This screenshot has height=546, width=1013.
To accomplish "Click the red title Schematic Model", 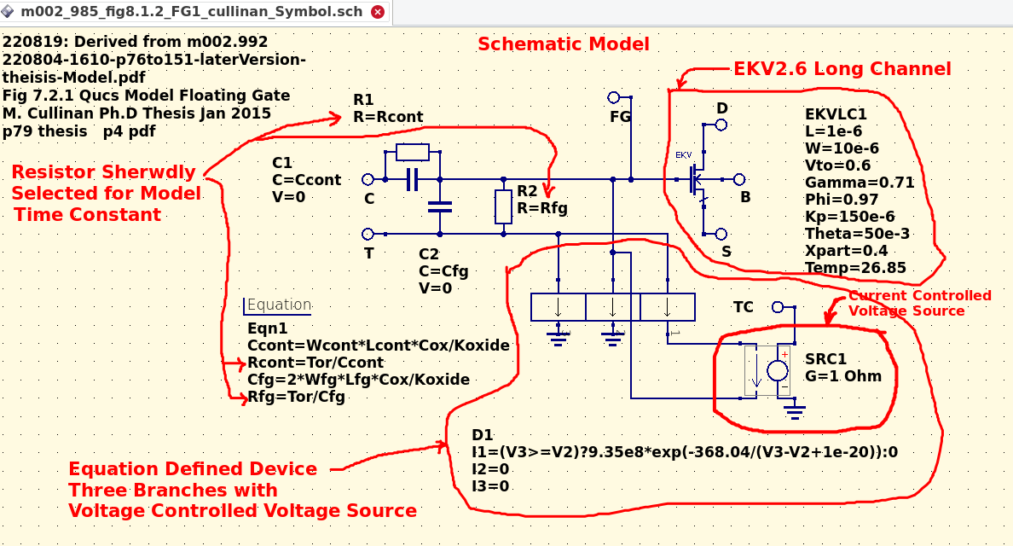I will pyautogui.click(x=563, y=44).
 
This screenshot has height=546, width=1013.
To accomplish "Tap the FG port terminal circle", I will pyautogui.click(x=614, y=97).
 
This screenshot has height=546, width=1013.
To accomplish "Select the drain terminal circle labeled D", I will pyautogui.click(x=721, y=125).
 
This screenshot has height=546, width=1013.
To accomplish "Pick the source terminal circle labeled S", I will pyautogui.click(x=721, y=234).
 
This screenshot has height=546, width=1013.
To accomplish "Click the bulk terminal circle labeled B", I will pyautogui.click(x=739, y=179).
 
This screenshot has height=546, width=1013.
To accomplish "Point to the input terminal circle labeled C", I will pyautogui.click(x=368, y=179).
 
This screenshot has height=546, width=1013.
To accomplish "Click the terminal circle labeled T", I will pyautogui.click(x=368, y=234).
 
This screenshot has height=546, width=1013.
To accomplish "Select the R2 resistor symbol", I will pyautogui.click(x=504, y=206).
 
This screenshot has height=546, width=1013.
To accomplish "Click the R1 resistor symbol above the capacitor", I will pyautogui.click(x=413, y=153).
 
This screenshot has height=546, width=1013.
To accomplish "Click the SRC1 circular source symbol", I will pyautogui.click(x=777, y=370).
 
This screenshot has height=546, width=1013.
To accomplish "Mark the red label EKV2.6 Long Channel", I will pyautogui.click(x=842, y=69).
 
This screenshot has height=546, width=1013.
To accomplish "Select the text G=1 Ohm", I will pyautogui.click(x=843, y=375).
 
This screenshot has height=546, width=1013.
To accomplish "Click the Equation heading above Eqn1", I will pyautogui.click(x=279, y=305).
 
